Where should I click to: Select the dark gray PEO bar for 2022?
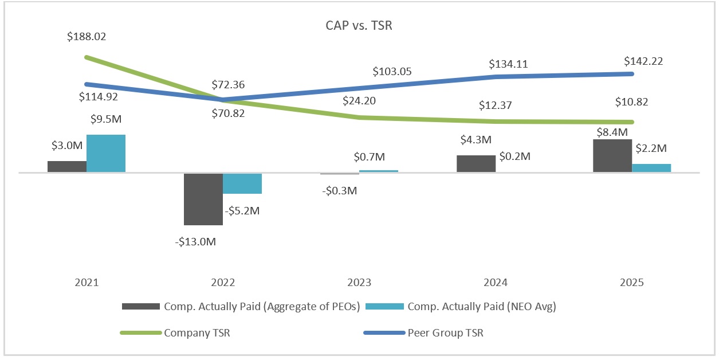(x=203, y=198)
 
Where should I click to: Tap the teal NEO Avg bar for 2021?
(x=106, y=153)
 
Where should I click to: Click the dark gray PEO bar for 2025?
(x=612, y=155)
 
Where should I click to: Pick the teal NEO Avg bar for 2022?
(x=242, y=183)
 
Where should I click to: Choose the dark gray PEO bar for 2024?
(x=476, y=163)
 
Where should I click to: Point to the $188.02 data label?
(x=87, y=37)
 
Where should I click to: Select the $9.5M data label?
(x=106, y=120)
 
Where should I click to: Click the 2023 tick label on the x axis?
(x=359, y=283)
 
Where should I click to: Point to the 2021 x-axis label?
(x=87, y=283)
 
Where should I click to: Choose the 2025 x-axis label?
(x=632, y=283)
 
